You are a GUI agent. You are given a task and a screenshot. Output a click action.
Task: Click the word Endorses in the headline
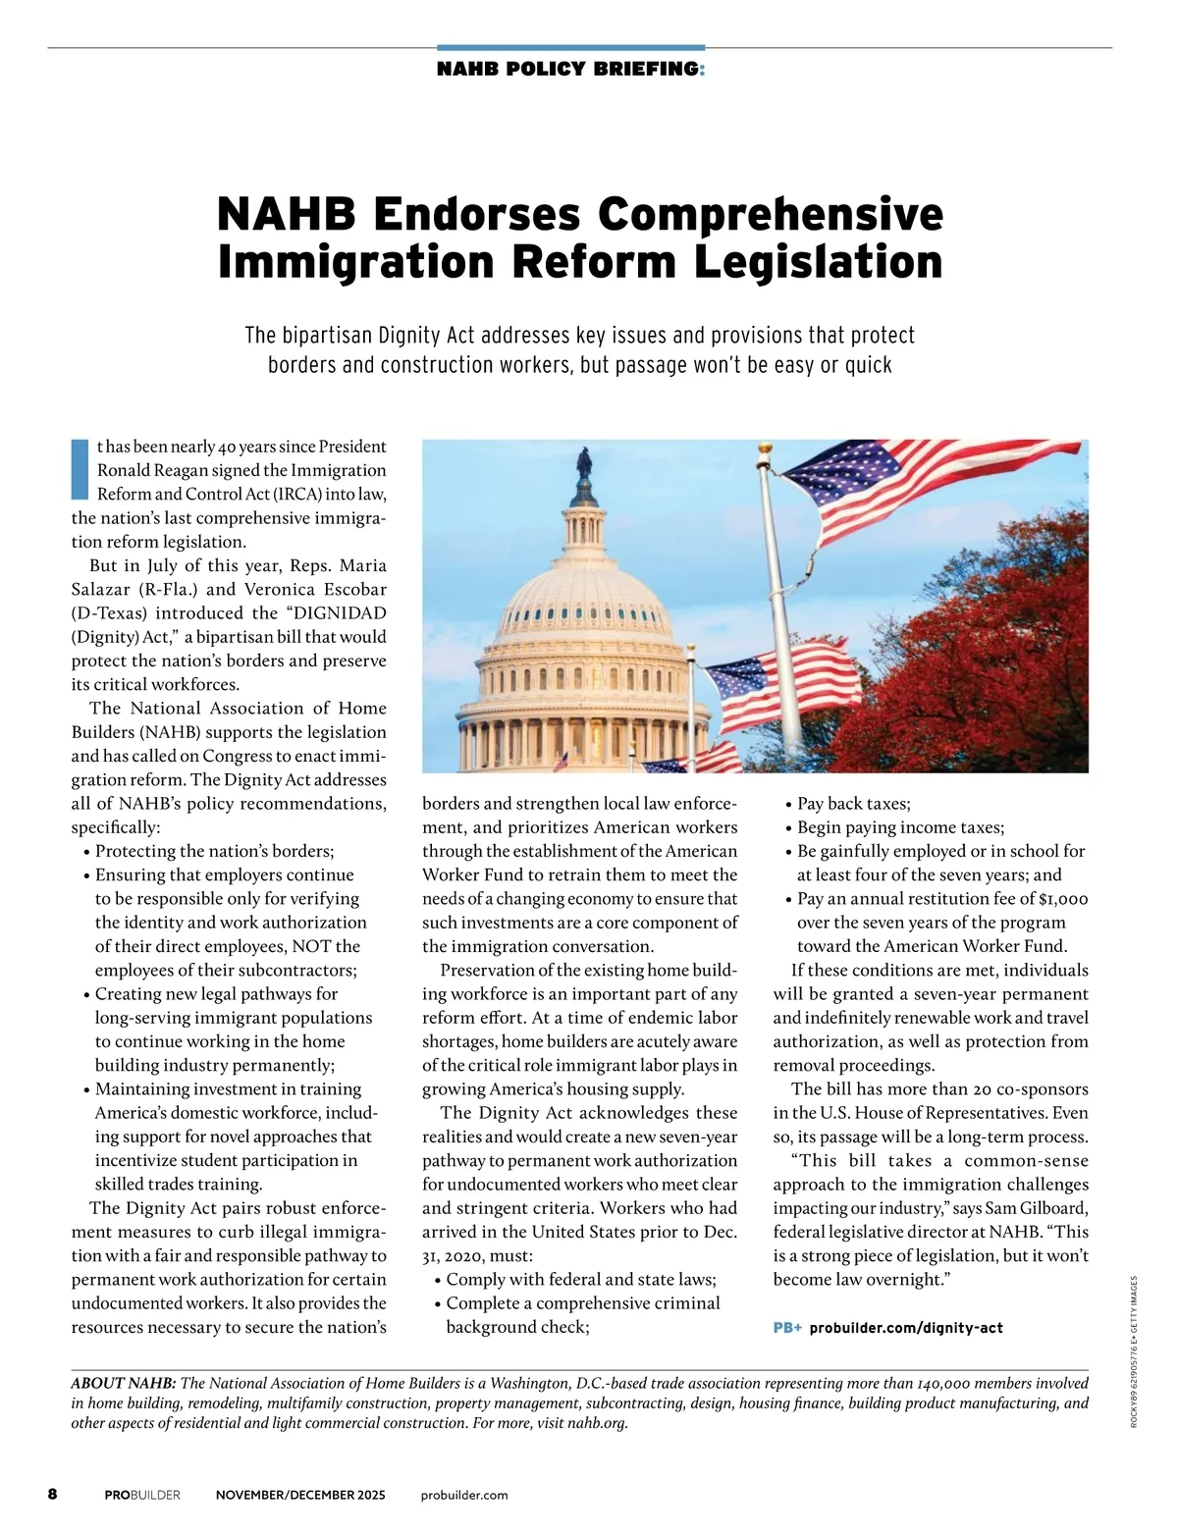478,214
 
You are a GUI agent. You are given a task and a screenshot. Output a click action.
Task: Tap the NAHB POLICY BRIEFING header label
569,69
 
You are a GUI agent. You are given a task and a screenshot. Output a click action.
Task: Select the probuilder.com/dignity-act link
906,1328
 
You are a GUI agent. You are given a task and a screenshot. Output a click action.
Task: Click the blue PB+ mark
787,1328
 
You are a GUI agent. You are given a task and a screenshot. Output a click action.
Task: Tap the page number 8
53,1495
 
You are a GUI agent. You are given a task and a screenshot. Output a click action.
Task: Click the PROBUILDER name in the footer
142,1495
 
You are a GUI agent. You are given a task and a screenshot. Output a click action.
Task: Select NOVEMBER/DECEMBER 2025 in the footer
300,1495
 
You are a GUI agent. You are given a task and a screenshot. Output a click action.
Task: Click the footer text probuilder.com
464,1495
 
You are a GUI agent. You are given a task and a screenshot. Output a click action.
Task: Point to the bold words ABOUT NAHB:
124,1383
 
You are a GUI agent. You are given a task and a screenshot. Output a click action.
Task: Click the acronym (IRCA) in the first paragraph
295,494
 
